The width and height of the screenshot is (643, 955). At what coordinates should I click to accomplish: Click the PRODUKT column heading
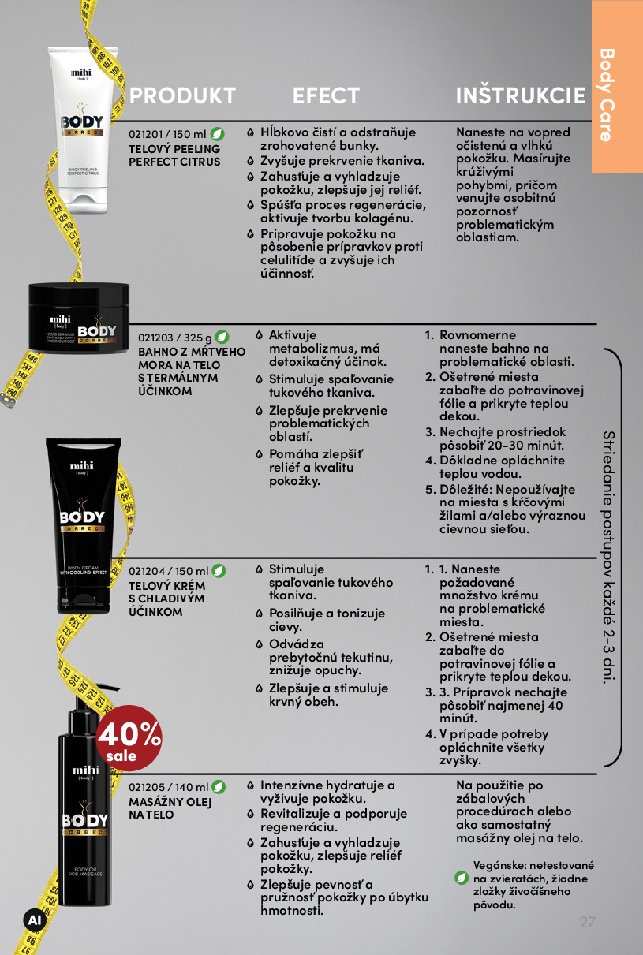(182, 95)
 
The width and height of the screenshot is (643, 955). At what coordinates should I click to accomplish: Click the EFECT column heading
(326, 95)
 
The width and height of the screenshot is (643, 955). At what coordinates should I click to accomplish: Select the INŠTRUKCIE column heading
(521, 95)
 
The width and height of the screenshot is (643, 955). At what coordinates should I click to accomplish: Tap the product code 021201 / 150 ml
(167, 134)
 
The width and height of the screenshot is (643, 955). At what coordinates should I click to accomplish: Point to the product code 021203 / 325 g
(175, 338)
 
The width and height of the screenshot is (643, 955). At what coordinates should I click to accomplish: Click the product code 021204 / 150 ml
(168, 571)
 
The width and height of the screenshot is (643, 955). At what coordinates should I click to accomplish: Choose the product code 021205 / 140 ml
(168, 787)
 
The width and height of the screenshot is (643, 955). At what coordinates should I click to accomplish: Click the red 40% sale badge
(129, 738)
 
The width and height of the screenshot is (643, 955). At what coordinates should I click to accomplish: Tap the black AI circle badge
(35, 920)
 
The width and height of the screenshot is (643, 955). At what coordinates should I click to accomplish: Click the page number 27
(587, 922)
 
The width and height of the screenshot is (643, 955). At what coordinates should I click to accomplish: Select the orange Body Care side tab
(617, 86)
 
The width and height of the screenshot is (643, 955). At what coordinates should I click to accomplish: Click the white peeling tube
(83, 130)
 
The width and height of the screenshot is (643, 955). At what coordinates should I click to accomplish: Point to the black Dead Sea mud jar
(79, 318)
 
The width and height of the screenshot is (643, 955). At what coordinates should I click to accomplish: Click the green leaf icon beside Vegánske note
(462, 878)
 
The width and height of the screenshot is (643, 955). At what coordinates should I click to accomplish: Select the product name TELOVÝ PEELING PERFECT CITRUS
(174, 155)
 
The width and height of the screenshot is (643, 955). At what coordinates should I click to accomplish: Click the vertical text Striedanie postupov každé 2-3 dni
(609, 558)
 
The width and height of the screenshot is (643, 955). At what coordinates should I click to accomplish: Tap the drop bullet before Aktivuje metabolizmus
(259, 335)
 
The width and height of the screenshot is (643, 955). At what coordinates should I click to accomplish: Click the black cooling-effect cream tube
(84, 526)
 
